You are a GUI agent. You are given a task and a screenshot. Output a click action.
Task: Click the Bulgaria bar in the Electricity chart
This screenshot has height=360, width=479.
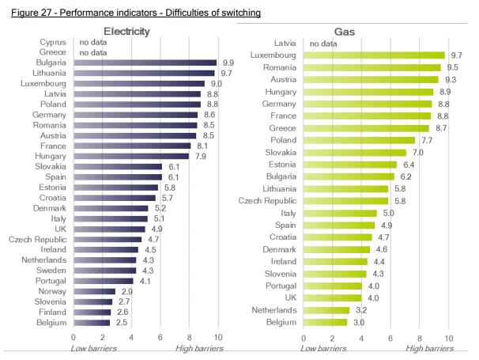(x=145, y=63)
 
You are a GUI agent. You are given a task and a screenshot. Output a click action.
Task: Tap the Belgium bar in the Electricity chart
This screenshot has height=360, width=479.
(x=92, y=323)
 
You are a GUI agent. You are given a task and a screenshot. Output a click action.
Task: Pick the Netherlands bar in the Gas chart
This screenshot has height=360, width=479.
(x=326, y=310)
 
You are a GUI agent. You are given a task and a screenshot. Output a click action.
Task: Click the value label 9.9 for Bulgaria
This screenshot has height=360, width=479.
(x=228, y=63)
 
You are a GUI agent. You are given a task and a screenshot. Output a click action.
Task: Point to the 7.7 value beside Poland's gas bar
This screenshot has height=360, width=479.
(x=428, y=140)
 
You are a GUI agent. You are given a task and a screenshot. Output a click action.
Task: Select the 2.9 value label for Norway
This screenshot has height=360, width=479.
(x=127, y=291)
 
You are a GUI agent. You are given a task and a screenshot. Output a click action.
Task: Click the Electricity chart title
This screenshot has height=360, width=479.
(x=127, y=31)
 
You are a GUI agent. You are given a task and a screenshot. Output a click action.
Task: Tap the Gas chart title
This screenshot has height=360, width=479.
(x=344, y=31)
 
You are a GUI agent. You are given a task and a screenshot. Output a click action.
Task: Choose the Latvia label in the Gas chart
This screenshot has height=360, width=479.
(x=285, y=43)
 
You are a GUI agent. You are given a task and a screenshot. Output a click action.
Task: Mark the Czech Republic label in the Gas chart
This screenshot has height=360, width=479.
(x=267, y=201)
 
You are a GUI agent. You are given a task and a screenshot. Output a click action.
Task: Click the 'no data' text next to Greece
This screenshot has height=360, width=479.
(x=93, y=51)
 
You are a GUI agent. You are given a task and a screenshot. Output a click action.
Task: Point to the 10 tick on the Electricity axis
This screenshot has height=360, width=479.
(x=218, y=338)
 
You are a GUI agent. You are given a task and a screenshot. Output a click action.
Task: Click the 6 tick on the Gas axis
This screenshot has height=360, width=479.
(x=390, y=338)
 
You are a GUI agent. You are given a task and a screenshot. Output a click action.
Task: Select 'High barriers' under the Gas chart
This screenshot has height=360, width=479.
(x=431, y=349)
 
